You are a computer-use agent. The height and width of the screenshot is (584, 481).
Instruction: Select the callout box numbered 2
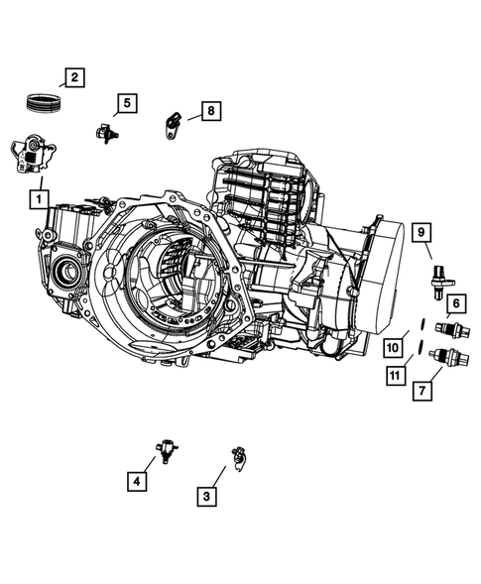[x=74, y=76]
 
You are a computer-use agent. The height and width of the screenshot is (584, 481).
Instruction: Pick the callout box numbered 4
[x=135, y=481]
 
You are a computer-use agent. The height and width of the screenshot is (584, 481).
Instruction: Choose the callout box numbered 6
[x=454, y=302]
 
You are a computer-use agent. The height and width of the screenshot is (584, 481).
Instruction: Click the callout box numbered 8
[x=210, y=111]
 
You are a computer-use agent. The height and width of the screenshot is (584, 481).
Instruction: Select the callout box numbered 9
[x=421, y=233]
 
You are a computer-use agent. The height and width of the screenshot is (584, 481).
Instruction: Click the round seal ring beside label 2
[x=44, y=100]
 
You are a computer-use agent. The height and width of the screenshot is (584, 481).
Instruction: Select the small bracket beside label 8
[x=171, y=124]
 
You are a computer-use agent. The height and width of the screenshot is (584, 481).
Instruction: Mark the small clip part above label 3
[x=237, y=455]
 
